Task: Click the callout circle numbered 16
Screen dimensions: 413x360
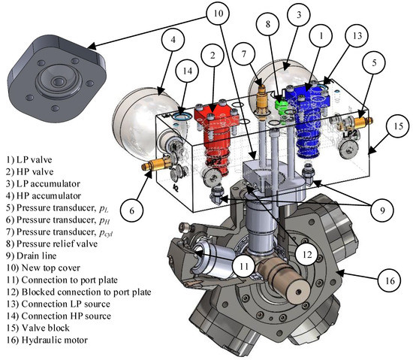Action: tap(390, 281)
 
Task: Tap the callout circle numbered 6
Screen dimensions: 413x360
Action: tap(131, 210)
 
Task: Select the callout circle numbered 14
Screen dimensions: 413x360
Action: tap(187, 71)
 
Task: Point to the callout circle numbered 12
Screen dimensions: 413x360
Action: tap(307, 255)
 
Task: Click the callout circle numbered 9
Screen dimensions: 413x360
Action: tap(382, 210)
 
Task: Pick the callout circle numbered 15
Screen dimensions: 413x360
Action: tap(398, 126)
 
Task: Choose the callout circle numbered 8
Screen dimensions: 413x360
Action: tap(267, 24)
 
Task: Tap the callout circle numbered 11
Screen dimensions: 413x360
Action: tap(244, 266)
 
